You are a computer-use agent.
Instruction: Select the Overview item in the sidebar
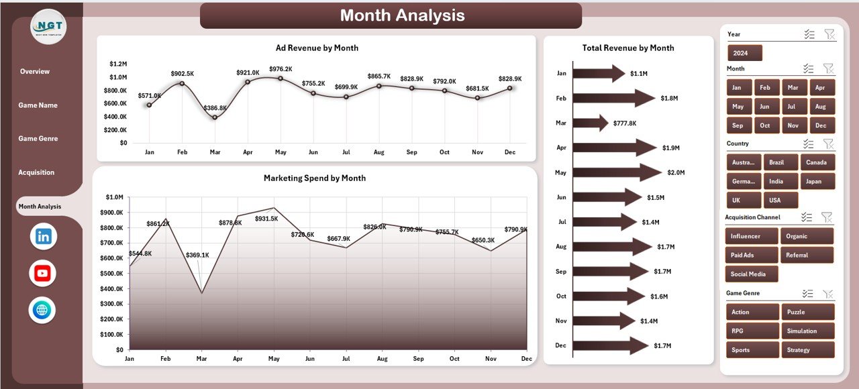coord(35,72)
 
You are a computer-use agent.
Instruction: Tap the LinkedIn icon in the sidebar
coord(44,236)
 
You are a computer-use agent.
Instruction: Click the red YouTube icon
coord(43,273)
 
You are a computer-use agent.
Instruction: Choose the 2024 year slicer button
coord(744,53)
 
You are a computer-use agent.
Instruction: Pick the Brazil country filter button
coord(780,162)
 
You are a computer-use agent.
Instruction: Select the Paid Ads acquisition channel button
coord(752,255)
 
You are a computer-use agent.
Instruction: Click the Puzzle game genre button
coord(807,312)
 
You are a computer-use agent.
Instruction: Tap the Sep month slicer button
coord(738,125)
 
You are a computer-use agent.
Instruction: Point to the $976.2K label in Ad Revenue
coord(280,69)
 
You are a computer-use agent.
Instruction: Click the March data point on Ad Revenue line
coord(215,117)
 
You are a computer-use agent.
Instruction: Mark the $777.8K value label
coord(624,123)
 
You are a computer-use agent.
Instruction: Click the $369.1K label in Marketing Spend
coord(197,255)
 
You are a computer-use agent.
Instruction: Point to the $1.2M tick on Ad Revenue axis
coord(118,64)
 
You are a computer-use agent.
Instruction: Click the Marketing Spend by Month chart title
coord(315,178)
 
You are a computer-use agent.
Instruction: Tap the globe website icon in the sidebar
coord(42,310)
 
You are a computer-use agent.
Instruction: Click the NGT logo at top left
coord(48,27)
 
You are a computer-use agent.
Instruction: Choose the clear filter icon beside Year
coord(829,34)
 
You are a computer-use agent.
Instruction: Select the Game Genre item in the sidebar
coord(38,139)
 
